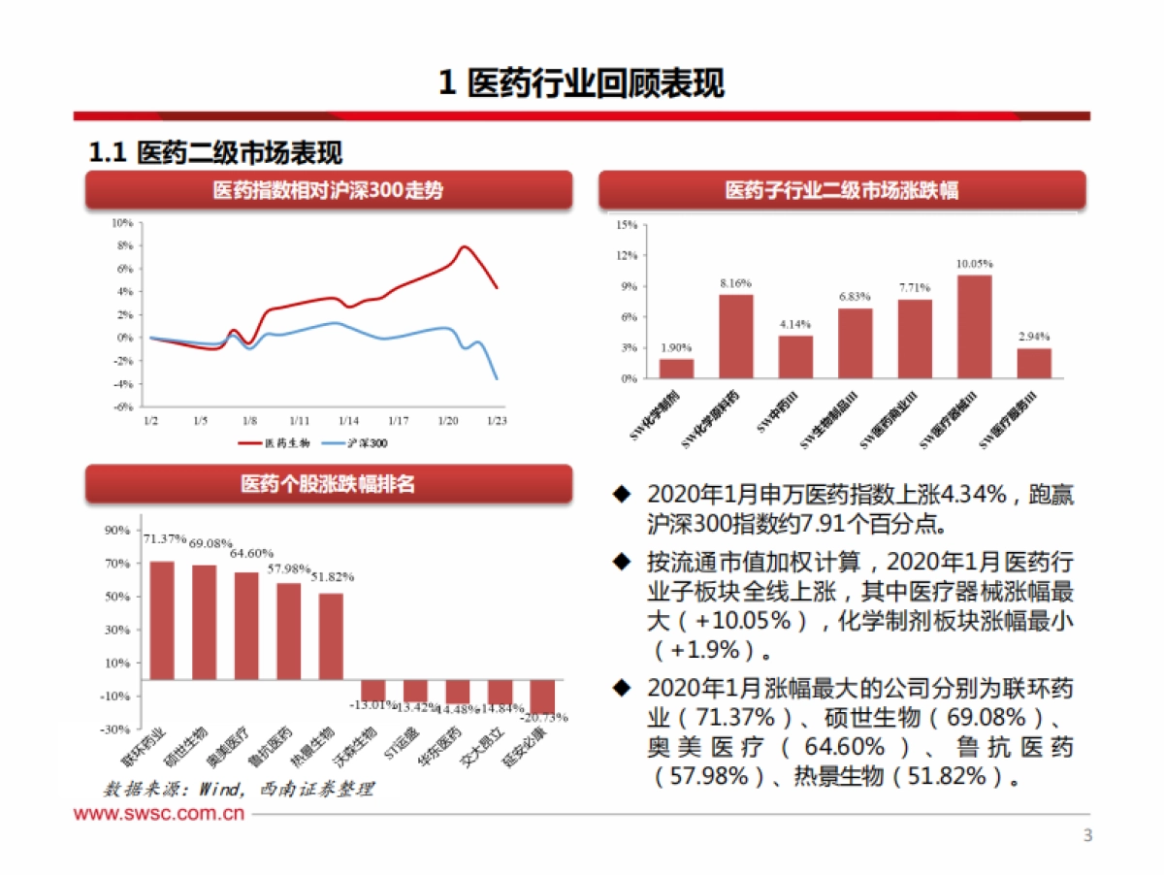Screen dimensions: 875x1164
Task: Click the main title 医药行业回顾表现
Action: click(581, 83)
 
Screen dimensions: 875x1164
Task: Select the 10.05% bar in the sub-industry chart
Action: click(974, 327)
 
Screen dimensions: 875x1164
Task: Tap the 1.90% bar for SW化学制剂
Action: click(676, 369)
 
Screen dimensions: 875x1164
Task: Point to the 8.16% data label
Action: click(735, 283)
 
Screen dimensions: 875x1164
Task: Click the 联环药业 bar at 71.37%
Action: click(161, 621)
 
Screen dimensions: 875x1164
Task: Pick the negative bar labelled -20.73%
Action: click(542, 697)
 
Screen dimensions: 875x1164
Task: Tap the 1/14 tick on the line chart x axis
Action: click(348, 421)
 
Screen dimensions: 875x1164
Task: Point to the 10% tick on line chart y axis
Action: click(122, 222)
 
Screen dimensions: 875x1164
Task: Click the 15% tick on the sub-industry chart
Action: click(627, 225)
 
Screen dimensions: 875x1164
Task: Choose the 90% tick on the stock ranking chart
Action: click(117, 530)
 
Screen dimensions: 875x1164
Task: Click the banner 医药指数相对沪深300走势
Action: click(328, 191)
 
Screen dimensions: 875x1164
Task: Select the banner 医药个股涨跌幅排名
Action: click(328, 483)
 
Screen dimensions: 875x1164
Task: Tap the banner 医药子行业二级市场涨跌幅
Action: click(841, 191)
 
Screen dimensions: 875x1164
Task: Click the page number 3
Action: click(1087, 836)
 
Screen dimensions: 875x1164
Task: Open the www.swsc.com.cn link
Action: click(159, 813)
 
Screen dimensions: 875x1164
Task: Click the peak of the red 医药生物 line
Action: click(465, 246)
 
